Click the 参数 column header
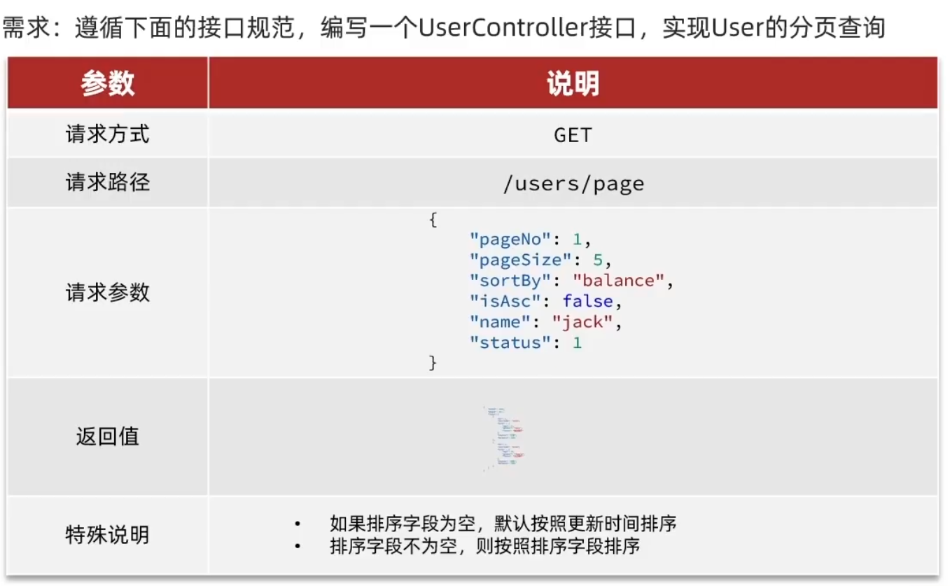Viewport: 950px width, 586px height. pos(107,83)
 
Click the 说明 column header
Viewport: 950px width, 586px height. pos(573,83)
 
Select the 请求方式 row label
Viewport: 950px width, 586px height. pos(107,134)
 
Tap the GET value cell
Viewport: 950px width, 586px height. pos(573,134)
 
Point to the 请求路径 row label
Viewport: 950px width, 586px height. pos(107,183)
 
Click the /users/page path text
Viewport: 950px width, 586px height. pos(573,183)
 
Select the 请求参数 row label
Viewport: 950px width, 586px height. pos(107,292)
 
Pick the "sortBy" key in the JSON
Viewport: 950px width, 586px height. pos(510,281)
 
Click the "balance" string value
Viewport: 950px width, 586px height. pos(618,281)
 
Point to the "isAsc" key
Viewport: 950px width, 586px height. pos(505,302)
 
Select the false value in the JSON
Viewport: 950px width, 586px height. pos(587,302)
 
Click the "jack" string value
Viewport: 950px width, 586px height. pos(582,322)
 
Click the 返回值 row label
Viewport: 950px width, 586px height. pos(107,436)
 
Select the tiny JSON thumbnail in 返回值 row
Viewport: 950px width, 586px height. pos(503,437)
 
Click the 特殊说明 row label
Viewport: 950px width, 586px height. pos(107,535)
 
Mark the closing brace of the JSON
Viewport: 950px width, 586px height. pos(433,363)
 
